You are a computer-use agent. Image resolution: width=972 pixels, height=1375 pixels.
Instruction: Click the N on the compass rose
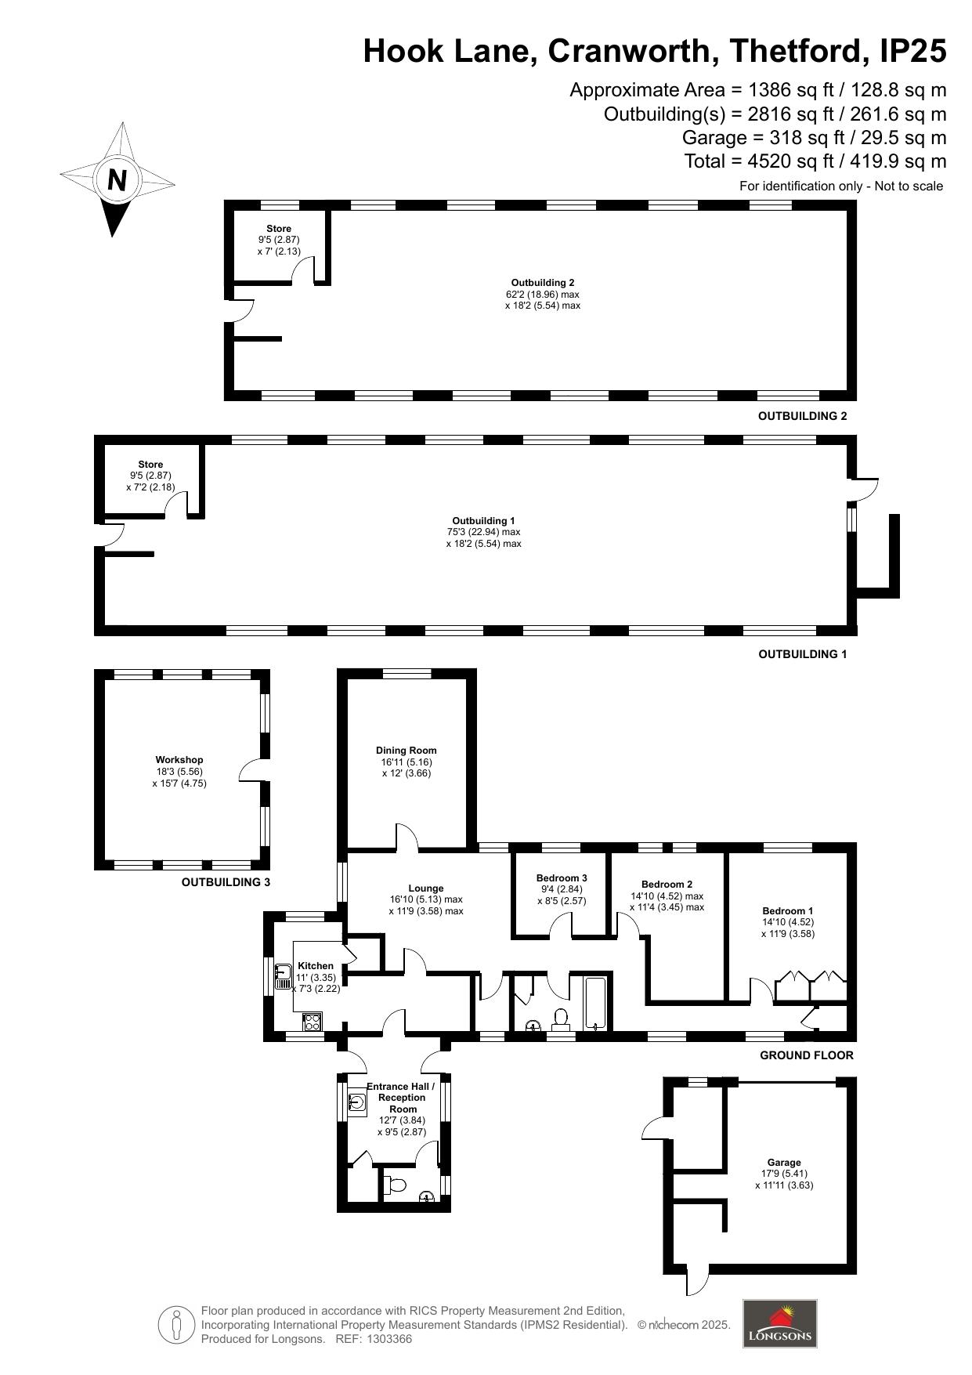click(117, 180)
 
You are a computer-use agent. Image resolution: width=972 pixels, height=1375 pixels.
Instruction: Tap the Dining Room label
click(407, 751)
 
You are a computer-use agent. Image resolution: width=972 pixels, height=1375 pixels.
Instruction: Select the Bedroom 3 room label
click(562, 878)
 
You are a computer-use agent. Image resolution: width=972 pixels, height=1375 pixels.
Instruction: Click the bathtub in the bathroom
click(596, 1003)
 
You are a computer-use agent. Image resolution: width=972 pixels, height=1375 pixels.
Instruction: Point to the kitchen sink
click(283, 976)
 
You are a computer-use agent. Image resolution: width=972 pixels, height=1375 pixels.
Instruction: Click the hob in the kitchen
click(312, 1022)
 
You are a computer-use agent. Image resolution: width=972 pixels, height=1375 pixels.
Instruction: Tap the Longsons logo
click(779, 1323)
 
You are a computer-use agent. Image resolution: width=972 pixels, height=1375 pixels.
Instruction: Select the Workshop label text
click(179, 760)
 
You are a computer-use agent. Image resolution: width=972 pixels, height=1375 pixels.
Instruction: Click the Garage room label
click(784, 1163)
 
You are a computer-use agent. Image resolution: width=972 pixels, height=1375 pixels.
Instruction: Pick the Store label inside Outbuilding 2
click(279, 229)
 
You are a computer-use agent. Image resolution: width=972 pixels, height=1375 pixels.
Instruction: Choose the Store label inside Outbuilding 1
click(150, 465)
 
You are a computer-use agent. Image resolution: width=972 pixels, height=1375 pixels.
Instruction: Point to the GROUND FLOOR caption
click(807, 1055)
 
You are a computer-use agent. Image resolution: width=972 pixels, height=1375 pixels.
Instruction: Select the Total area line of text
click(815, 161)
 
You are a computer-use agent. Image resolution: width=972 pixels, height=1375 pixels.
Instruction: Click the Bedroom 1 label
click(788, 911)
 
